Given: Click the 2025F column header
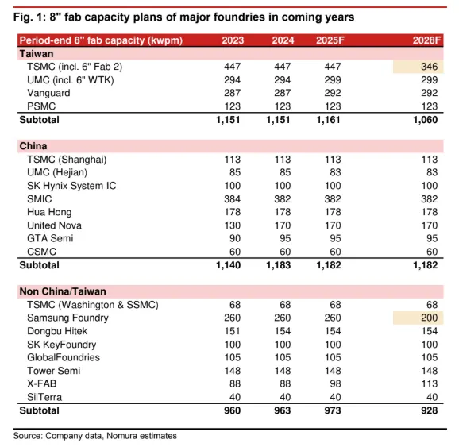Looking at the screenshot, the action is point(330,40).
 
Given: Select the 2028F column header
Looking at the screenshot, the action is point(426,40).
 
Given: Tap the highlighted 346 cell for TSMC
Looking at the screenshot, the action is point(418,67).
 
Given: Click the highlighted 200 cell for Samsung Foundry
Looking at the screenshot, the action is point(418,318).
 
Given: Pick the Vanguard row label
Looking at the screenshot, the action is point(48,93).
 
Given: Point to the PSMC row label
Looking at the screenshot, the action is point(41,106).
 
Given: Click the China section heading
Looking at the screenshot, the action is point(33,146).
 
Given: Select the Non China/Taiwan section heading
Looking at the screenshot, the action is point(63,291).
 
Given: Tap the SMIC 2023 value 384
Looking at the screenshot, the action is point(233,199).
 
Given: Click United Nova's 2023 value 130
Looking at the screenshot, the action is point(233,225).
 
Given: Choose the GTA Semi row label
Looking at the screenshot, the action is point(50,238).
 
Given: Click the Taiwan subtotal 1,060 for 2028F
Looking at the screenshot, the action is point(426,120).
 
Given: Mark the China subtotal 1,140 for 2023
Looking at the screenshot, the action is point(229,265).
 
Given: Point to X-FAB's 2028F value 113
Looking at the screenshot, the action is point(430,383).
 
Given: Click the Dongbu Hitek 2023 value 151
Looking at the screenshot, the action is point(233,331).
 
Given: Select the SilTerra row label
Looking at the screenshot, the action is point(44,397).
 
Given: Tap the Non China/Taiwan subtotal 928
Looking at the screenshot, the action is point(430,410).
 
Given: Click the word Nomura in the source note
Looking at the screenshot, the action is point(121,436).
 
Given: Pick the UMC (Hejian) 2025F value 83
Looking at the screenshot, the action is point(335,172).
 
